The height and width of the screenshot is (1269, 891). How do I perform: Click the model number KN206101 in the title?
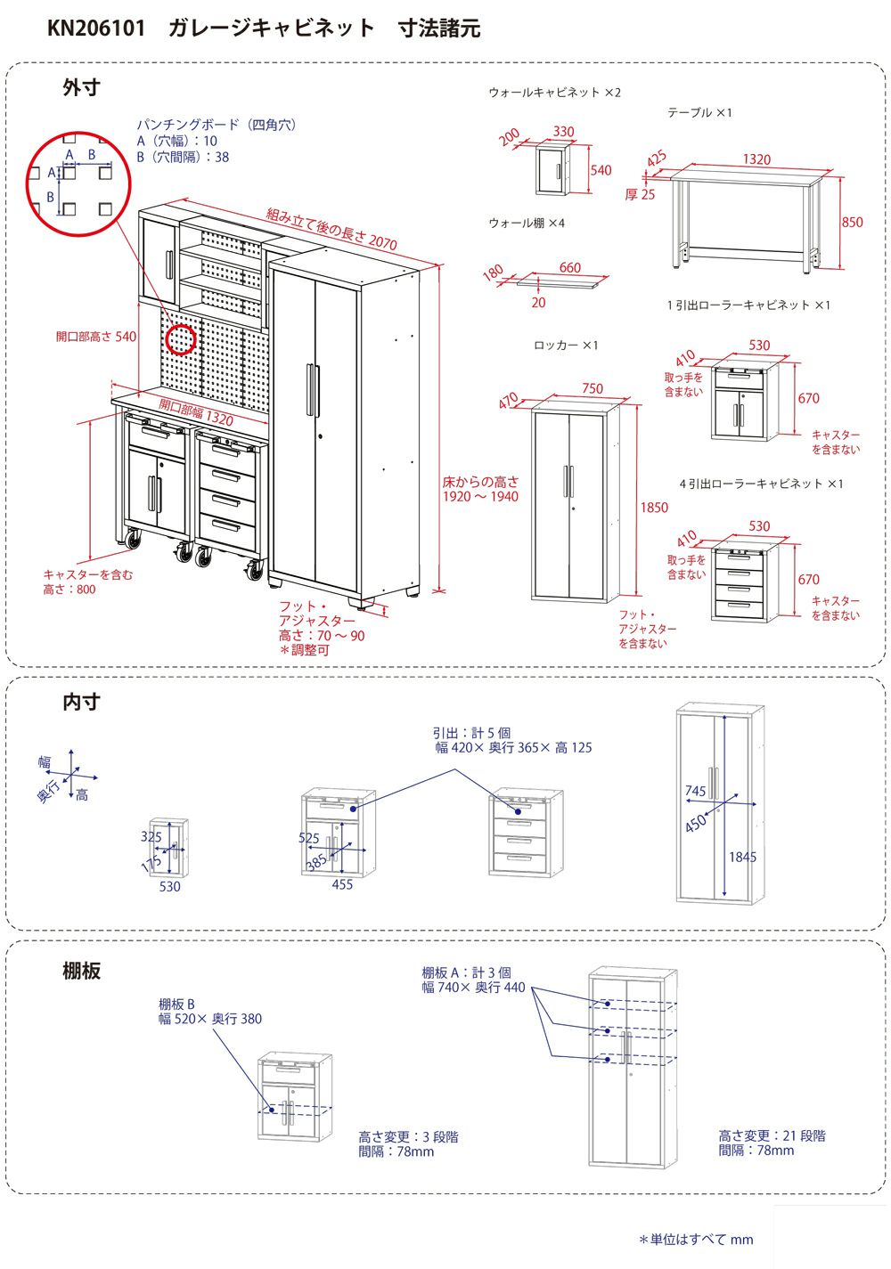95,28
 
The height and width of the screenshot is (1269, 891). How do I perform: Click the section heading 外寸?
81,87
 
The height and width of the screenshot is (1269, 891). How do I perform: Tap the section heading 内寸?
81,702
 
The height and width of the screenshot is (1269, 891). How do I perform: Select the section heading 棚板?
81,970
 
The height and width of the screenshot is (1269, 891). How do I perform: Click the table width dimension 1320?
756,159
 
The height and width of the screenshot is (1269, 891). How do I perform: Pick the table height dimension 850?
852,222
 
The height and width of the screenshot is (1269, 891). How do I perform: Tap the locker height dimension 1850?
653,507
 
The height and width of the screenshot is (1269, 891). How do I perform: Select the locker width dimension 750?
592,388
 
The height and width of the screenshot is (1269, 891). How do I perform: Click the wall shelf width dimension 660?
569,267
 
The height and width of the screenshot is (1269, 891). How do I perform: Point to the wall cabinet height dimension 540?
601,170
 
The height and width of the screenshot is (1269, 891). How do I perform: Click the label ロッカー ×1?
566,345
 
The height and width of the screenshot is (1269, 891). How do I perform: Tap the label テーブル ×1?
699,113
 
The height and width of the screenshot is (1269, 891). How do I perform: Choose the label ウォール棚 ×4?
526,223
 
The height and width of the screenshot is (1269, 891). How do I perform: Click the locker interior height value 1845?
741,857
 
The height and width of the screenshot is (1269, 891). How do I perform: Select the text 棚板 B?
176,1005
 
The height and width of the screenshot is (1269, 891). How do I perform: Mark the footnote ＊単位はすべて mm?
695,1239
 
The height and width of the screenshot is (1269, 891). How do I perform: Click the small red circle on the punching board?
181,338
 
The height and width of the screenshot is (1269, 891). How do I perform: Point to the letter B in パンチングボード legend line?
141,157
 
